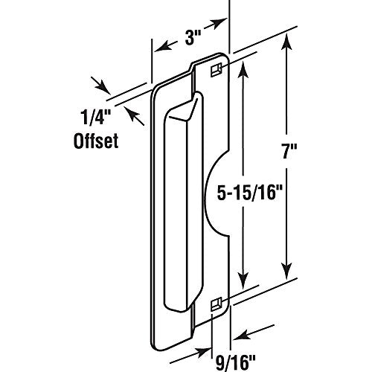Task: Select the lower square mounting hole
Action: click(x=214, y=302)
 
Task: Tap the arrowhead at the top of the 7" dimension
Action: click(x=284, y=46)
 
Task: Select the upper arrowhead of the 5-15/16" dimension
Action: click(x=242, y=68)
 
